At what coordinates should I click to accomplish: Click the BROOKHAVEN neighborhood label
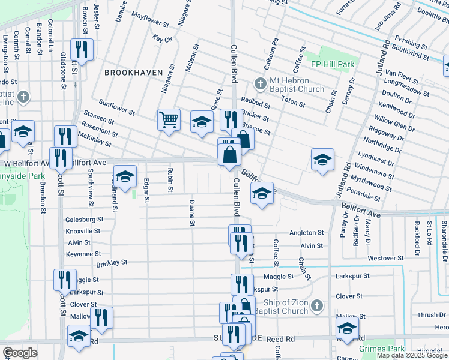[x=133, y=72]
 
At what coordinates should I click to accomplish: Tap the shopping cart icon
[x=169, y=120]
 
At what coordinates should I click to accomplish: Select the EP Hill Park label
[x=332, y=64]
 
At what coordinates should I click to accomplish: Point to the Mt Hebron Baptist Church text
[x=296, y=85]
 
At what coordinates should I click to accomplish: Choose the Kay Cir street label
[x=162, y=38]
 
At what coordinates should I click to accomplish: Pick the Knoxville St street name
[x=83, y=231]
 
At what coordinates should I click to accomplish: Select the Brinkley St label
[x=112, y=262]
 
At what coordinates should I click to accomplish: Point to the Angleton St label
[x=306, y=233]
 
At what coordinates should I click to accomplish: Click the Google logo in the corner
[x=20, y=353]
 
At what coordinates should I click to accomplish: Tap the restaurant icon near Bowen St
[x=80, y=49]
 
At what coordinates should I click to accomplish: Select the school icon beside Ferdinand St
[x=125, y=176]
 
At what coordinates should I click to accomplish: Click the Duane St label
[x=192, y=214]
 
